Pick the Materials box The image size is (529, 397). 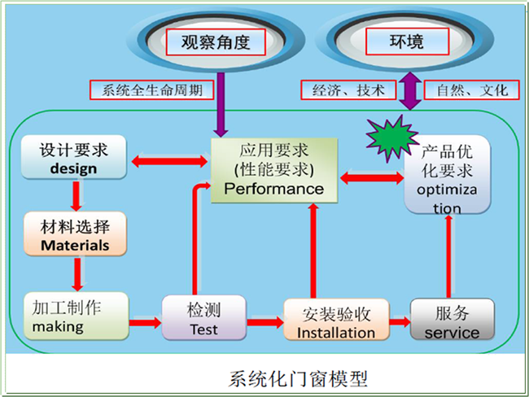tap(74, 234)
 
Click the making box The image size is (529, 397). tap(74, 316)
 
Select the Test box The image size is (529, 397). tap(203, 318)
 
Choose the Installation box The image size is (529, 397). tap(336, 321)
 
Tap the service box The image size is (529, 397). tap(452, 321)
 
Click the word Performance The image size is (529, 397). tap(273, 189)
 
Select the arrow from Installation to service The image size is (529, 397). tap(400, 321)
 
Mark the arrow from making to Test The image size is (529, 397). tap(146, 322)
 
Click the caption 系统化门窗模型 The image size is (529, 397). tap(298, 379)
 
